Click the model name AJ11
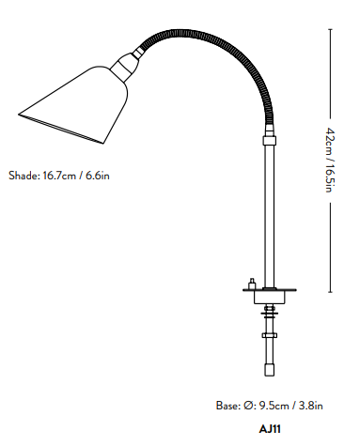270,429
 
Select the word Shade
24,176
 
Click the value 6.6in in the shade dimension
98,176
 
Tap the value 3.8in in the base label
311,406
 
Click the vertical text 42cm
330,141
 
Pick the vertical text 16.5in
330,177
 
